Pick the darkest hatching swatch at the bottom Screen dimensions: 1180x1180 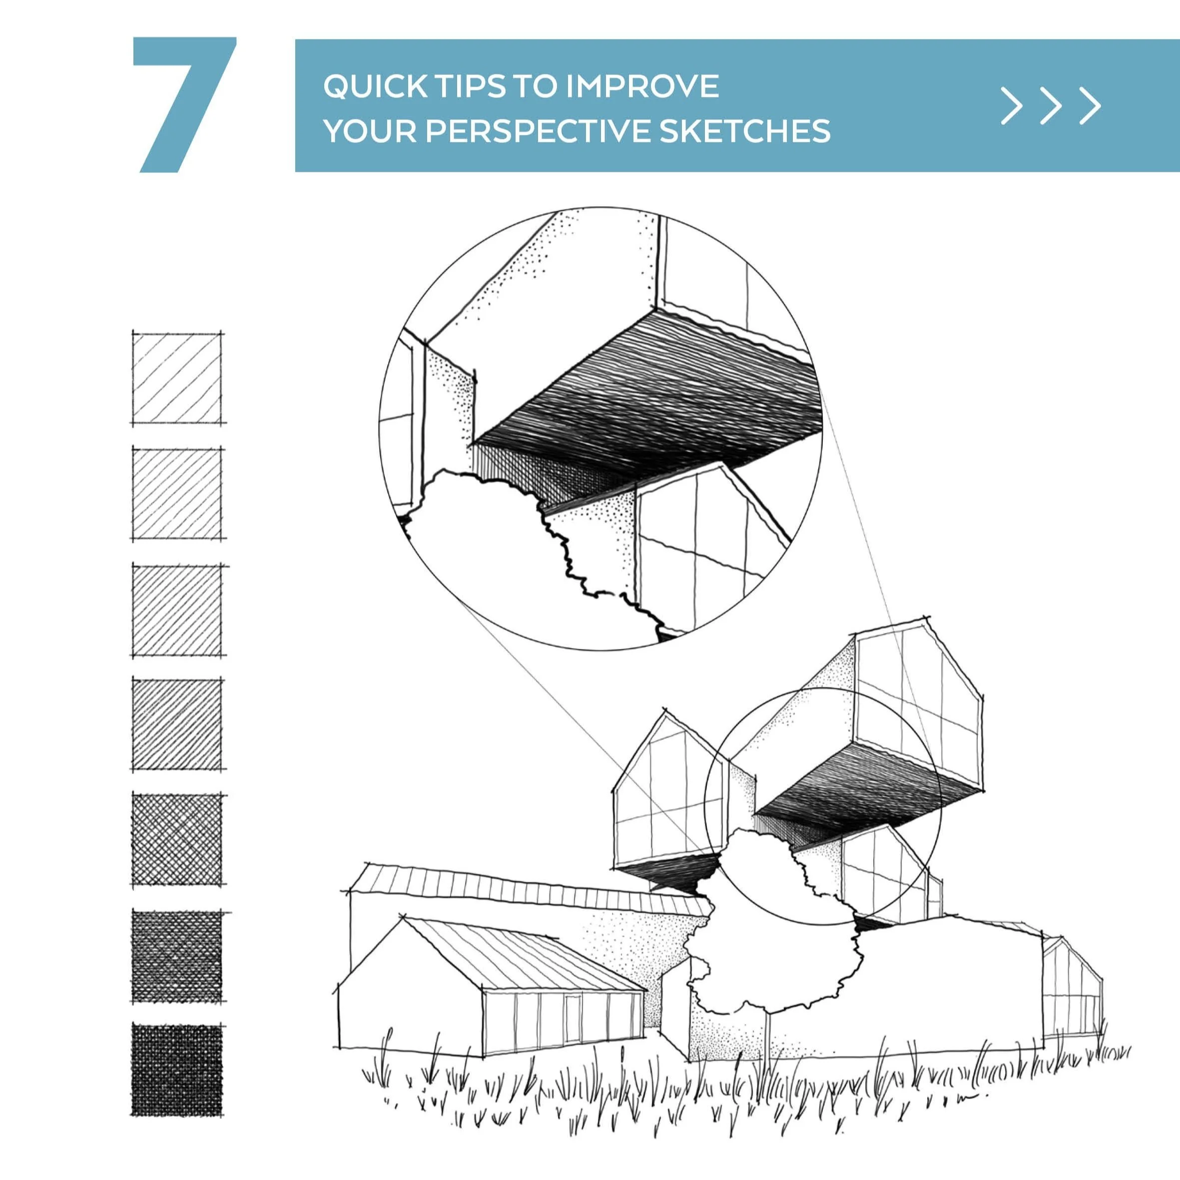(177, 1070)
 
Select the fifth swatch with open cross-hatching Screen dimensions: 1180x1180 (177, 839)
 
